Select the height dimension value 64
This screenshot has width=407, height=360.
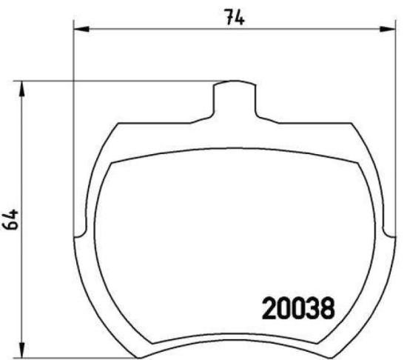(10, 220)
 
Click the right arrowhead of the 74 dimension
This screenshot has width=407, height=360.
(388, 30)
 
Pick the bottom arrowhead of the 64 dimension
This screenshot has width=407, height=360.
(24, 350)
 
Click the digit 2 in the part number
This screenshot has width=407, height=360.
(269, 306)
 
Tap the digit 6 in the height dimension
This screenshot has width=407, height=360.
(10, 226)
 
